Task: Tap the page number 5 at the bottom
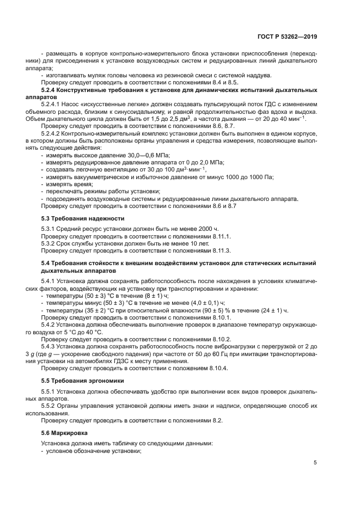pyautogui.click(x=315, y=463)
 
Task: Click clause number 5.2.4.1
pyautogui.click(x=52, y=104)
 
